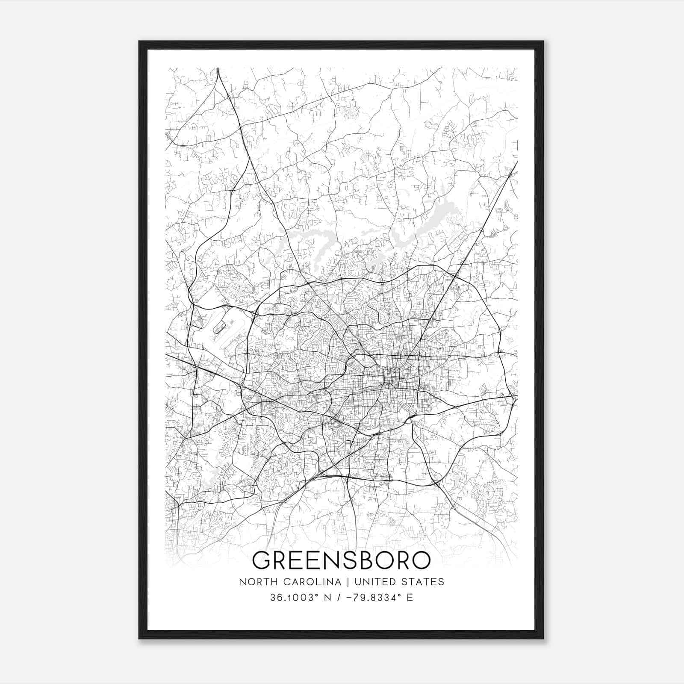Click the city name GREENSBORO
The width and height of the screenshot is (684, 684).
point(342,560)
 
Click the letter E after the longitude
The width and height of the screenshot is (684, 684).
point(410,598)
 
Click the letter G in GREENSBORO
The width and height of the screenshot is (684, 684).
point(264,560)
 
